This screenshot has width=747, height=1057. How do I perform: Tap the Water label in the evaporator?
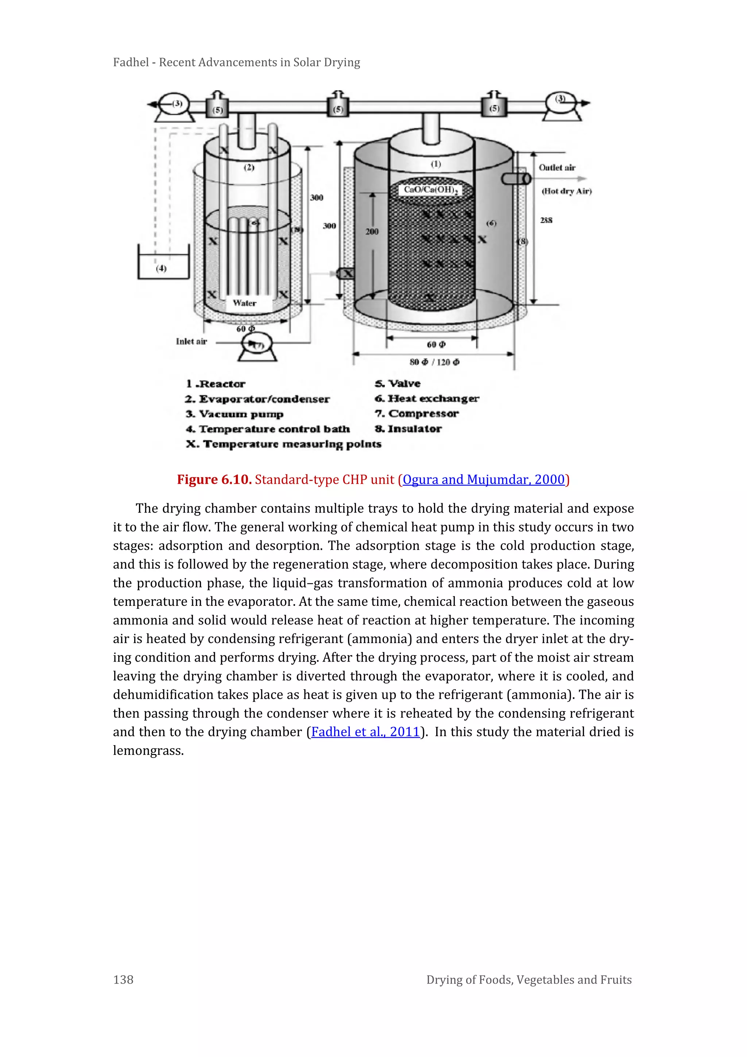(x=244, y=303)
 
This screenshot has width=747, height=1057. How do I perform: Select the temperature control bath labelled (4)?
(x=163, y=265)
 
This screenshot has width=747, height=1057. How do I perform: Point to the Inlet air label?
(x=191, y=341)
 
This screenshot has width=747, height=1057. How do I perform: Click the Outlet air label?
(x=557, y=168)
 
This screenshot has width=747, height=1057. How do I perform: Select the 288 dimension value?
(x=546, y=221)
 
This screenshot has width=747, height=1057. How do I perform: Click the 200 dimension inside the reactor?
(x=372, y=231)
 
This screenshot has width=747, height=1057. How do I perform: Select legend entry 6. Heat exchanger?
(x=426, y=399)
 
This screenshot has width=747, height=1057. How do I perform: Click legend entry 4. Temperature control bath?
(x=268, y=429)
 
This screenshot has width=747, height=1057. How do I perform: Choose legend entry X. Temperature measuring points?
(x=283, y=444)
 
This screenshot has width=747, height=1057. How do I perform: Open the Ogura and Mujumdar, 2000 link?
(x=483, y=480)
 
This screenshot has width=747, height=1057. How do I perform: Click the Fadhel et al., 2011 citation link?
(x=366, y=732)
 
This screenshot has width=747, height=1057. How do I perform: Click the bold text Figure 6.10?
(x=214, y=480)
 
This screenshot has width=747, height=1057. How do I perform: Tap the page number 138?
(x=123, y=980)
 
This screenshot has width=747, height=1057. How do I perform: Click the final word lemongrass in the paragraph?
(x=148, y=751)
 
